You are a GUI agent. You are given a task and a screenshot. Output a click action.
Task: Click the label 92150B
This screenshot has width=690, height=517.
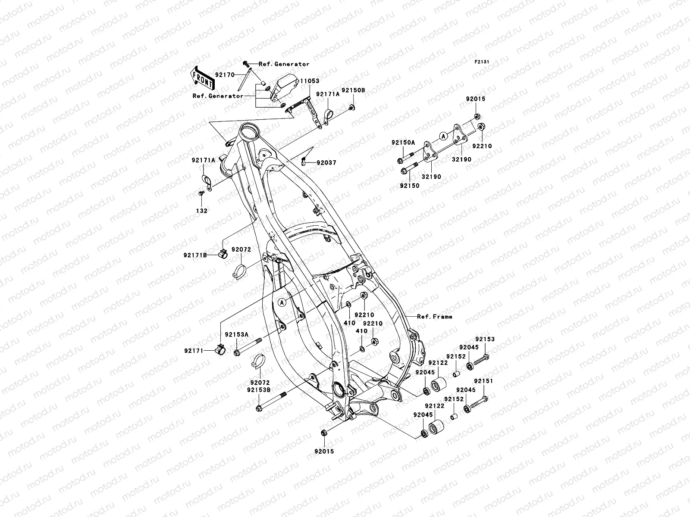pos(354,91)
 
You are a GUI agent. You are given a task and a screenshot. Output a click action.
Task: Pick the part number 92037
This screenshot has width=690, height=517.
pos(326,163)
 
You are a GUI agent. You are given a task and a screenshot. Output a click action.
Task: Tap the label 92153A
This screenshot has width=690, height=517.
pos(236,334)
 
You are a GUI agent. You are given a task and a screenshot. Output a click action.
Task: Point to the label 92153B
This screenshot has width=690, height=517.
pos(258,390)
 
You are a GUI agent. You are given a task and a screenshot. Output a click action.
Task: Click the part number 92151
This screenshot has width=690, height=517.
pos(483,381)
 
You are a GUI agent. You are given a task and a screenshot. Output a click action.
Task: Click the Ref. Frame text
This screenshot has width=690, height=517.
pos(435,317)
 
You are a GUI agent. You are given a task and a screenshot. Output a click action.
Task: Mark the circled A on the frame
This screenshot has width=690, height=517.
pos(282,302)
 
